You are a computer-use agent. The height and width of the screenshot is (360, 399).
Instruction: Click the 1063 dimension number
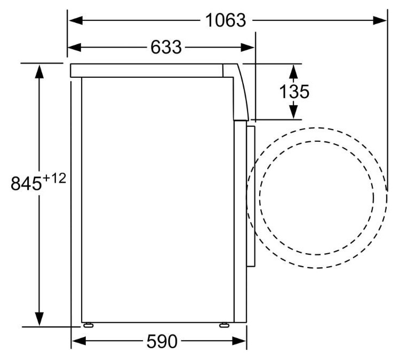pyautogui.click(x=226, y=20)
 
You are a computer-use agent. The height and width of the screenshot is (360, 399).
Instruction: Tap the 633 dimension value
pyautogui.click(x=166, y=47)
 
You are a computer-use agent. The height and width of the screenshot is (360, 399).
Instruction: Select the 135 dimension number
pyautogui.click(x=294, y=92)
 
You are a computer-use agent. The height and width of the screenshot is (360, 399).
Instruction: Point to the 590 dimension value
pyautogui.click(x=162, y=341)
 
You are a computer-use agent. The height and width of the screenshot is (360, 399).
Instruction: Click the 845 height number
pyautogui.click(x=26, y=183)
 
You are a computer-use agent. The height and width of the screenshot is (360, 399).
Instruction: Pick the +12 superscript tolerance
pyautogui.click(x=54, y=178)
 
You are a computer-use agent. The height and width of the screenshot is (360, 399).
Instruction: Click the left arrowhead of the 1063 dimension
pyautogui.click(x=76, y=20)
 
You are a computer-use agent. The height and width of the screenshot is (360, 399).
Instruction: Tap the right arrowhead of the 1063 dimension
pyautogui.click(x=380, y=20)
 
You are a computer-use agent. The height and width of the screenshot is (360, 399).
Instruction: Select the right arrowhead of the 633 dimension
pyautogui.click(x=248, y=47)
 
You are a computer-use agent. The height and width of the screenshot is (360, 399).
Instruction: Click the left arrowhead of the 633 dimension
pyautogui.click(x=75, y=47)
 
